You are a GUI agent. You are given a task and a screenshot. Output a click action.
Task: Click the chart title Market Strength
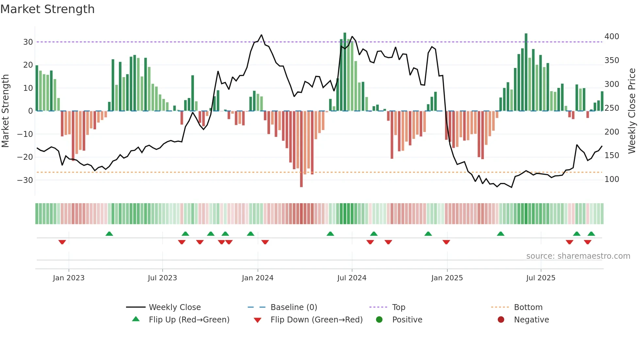click(47, 9)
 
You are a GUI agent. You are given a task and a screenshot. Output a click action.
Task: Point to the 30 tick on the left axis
click(28, 42)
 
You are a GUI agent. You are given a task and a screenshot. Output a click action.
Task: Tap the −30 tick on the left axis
click(25, 180)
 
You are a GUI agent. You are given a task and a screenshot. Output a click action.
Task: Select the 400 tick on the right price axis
click(612, 37)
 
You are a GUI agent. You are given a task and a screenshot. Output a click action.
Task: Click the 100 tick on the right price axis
click(612, 179)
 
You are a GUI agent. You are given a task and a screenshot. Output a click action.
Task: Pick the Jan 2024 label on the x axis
click(257, 278)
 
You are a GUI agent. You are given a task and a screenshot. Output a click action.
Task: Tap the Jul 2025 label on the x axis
click(540, 278)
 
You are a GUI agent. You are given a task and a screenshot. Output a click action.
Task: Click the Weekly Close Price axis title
click(632, 111)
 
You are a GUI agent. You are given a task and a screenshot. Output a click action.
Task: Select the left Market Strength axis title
click(5, 111)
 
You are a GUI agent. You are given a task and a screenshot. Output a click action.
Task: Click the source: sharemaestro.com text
click(578, 256)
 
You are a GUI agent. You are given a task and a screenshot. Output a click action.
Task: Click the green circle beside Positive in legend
click(379, 320)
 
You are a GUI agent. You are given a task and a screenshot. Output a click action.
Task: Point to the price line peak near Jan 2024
click(262, 35)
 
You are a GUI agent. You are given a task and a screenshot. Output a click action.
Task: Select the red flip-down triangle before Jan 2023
click(62, 242)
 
